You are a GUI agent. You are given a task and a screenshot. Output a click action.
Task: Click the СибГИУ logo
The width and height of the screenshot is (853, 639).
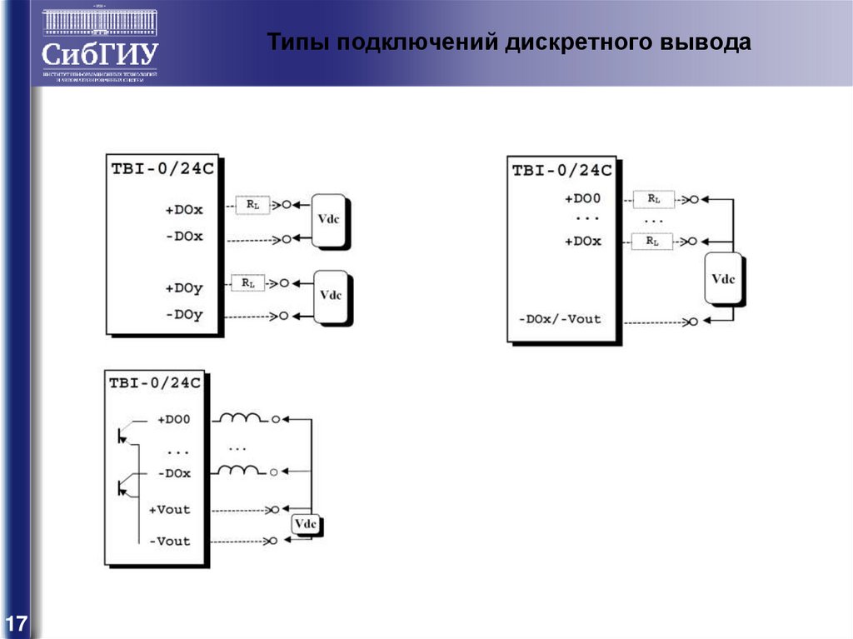point(100,46)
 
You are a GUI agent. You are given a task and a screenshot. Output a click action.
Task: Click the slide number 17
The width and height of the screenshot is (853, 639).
point(17,623)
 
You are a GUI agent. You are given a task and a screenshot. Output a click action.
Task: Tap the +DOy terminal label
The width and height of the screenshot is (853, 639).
point(184,288)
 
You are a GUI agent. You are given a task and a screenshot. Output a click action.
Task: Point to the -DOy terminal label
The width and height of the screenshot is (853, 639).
point(184,315)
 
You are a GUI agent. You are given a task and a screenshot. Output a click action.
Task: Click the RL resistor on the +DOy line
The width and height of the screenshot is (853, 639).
point(247,283)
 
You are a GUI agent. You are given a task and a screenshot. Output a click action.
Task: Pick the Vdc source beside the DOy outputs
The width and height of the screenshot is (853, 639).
point(331,296)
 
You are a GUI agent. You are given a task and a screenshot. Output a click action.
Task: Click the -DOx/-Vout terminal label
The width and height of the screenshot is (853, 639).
point(559,319)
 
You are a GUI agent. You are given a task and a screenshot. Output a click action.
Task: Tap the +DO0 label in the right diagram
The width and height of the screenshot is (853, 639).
point(583,199)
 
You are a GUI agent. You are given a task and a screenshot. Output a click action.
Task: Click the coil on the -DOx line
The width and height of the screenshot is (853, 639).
point(240,471)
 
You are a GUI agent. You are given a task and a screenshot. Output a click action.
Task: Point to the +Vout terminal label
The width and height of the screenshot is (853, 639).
point(169,509)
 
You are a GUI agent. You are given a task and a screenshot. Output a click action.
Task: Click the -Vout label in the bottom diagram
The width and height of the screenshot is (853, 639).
point(169,541)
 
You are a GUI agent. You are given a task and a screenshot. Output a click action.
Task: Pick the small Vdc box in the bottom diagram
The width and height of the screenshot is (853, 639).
point(305,524)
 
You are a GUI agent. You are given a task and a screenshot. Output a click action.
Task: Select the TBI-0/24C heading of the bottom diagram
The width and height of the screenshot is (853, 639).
point(155,383)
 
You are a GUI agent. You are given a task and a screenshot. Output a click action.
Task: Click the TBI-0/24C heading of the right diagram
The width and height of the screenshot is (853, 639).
point(562,171)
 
